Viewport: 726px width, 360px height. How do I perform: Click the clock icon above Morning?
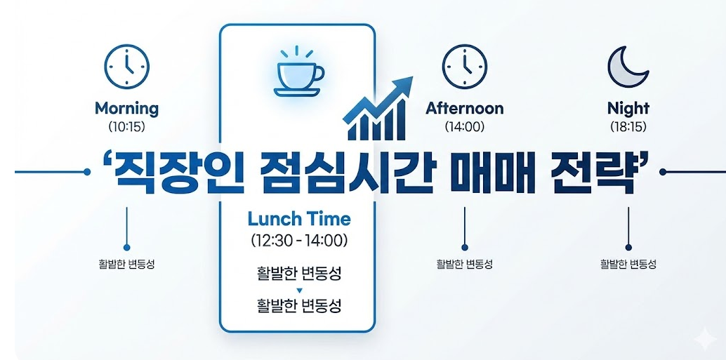126,66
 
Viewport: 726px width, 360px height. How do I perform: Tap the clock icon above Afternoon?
464,66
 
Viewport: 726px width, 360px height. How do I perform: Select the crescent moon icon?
628,67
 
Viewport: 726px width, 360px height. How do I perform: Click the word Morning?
126,109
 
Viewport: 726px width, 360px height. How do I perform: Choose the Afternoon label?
464,108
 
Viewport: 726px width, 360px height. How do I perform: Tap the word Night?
628,109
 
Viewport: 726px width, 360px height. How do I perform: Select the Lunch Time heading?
299,218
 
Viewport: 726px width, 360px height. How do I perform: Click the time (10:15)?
126,126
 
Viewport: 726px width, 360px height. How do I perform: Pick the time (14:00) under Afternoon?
464,126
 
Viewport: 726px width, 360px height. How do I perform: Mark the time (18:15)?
628,126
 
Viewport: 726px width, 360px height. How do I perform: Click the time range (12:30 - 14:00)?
299,241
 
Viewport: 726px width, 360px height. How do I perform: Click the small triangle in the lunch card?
299,290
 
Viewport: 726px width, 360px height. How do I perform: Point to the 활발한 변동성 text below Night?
628,265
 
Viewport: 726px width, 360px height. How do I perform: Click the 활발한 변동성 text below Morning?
126,265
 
